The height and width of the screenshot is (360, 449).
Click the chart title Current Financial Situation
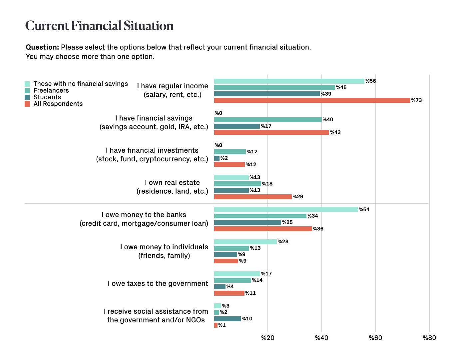(x=99, y=26)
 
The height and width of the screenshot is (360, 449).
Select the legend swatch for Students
(x=27, y=97)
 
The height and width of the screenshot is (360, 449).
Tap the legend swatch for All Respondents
(x=27, y=104)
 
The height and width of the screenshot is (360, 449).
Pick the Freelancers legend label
(x=51, y=90)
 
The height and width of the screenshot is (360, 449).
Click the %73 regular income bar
(x=312, y=100)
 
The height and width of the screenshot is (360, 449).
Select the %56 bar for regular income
(x=289, y=81)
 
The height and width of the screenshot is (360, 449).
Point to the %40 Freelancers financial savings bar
(x=268, y=120)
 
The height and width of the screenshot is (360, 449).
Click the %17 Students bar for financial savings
(x=237, y=126)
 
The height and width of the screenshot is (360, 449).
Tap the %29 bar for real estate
(x=253, y=197)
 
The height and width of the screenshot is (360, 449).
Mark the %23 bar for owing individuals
(x=245, y=242)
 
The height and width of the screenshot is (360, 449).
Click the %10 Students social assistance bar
(x=227, y=319)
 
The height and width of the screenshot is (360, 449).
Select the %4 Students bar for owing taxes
(x=220, y=287)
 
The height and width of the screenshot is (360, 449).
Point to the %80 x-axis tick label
(x=429, y=338)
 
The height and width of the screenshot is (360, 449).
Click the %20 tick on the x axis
(x=267, y=338)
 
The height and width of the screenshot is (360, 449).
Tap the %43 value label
(x=335, y=133)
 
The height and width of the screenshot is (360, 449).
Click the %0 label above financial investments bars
(x=218, y=145)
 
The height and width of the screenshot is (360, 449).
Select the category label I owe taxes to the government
(x=158, y=283)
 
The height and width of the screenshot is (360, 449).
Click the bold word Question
(x=42, y=47)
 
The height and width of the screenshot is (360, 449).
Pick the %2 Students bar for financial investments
(x=217, y=158)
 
